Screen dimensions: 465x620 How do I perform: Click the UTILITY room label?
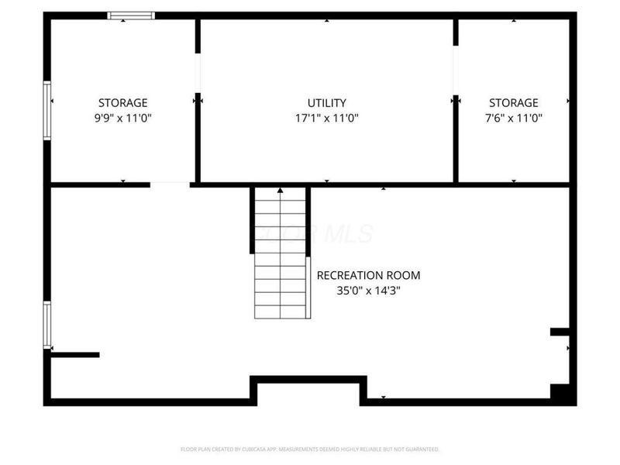[x=326, y=102]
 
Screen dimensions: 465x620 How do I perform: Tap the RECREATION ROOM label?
[x=368, y=275]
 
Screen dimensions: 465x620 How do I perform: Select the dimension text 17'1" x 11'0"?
[x=326, y=119]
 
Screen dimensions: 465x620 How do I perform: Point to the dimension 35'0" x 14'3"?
[x=368, y=291]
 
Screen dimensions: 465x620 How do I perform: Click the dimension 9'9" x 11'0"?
[x=122, y=119]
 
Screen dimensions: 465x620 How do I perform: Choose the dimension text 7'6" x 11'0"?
[x=513, y=119]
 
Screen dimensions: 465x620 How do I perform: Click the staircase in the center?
[x=281, y=256]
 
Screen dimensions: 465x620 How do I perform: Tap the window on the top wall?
[x=131, y=15]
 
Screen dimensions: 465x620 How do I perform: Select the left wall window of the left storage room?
[x=47, y=110]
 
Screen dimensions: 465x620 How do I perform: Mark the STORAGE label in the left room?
[x=122, y=102]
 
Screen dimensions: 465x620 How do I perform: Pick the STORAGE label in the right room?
[x=513, y=102]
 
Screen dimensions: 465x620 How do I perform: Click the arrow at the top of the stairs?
[x=281, y=190]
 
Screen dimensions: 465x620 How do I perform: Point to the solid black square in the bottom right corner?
[x=562, y=393]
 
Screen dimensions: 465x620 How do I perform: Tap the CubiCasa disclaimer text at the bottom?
[x=310, y=449]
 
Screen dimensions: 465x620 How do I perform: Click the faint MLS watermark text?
[x=314, y=233]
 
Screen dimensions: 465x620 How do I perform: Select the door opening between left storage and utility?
[x=198, y=74]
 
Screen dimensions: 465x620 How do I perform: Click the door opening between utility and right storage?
[x=456, y=74]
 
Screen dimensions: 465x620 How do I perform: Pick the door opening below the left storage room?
[x=170, y=184]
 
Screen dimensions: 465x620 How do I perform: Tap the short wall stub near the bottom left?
[x=75, y=355]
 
